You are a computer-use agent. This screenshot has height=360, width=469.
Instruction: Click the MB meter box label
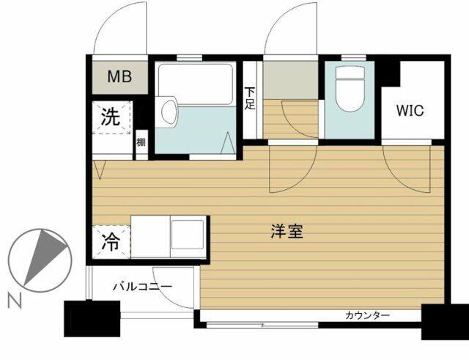[119, 76]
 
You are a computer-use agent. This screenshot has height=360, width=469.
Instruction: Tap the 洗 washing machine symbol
[111, 117]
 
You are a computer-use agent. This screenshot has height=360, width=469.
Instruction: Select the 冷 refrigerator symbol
[111, 242]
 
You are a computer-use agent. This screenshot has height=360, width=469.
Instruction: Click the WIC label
[410, 111]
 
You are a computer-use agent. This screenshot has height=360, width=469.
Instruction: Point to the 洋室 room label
[287, 231]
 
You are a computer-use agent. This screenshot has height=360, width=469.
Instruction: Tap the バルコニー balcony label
[142, 287]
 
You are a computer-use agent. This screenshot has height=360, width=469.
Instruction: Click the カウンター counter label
[367, 315]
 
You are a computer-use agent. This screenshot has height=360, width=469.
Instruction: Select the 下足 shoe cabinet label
[250, 98]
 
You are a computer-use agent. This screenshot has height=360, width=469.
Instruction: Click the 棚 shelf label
[141, 142]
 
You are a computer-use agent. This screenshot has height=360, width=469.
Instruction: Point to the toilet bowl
[351, 89]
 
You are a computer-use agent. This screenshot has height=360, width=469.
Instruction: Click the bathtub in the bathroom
[196, 84]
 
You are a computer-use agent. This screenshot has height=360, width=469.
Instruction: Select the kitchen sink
[188, 236]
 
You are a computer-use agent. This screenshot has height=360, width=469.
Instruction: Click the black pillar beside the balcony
[92, 318]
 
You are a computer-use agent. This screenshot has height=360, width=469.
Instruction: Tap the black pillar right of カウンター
[445, 321]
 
